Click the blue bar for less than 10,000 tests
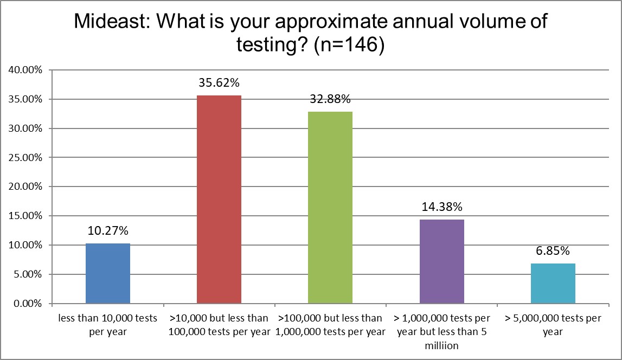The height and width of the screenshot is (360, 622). tap(108, 273)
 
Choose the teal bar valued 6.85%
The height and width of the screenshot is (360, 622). tap(553, 283)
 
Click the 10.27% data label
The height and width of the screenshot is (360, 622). tap(108, 231)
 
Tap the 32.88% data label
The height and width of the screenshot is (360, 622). tap(330, 99)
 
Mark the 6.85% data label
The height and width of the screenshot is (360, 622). tap(553, 251)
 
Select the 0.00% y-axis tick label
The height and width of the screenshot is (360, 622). tap(27, 304)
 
